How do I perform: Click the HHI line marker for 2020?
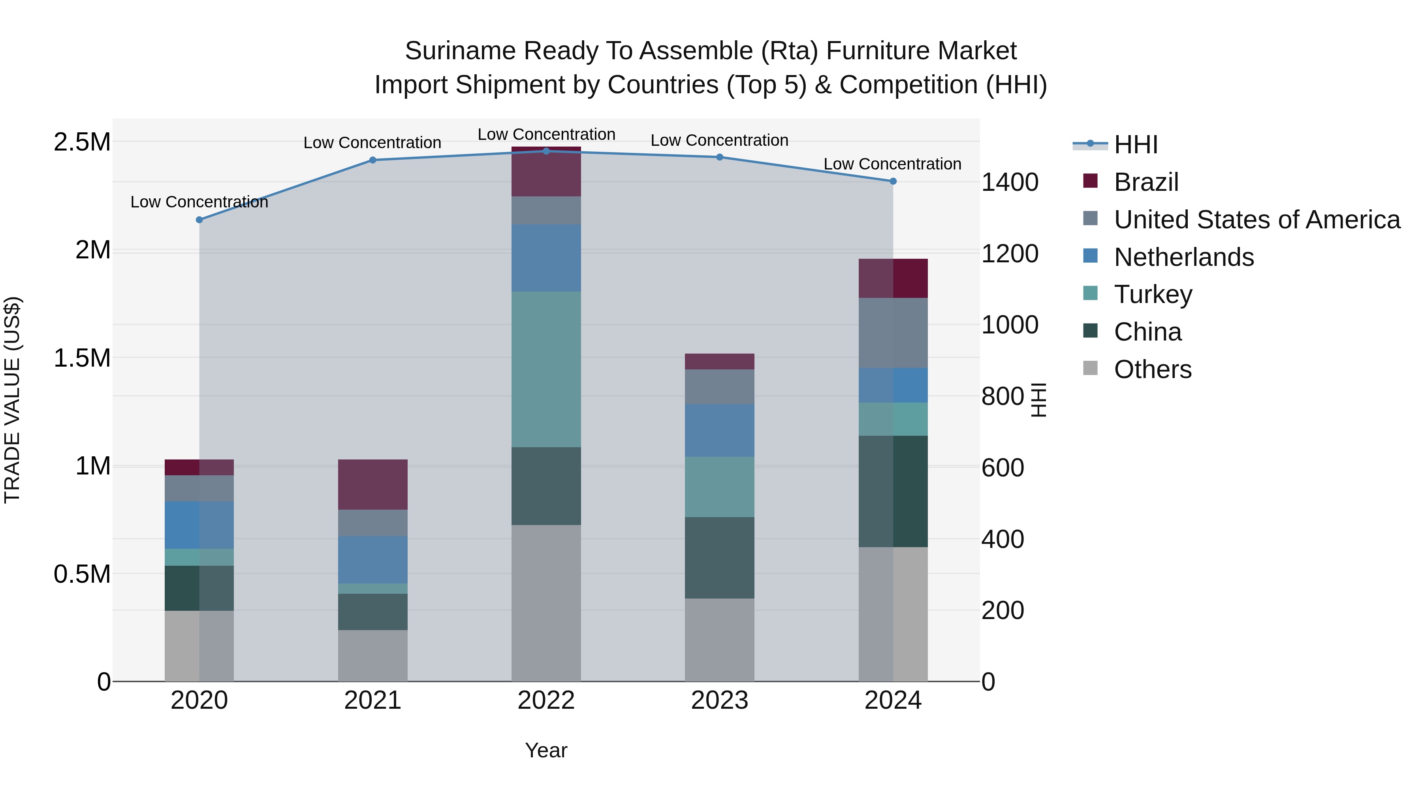pyautogui.click(x=199, y=220)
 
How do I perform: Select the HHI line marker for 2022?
pyautogui.click(x=546, y=151)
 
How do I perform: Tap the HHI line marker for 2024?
pyautogui.click(x=893, y=181)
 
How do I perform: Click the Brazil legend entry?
pyautogui.click(x=1145, y=182)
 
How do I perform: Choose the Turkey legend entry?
pyautogui.click(x=1153, y=294)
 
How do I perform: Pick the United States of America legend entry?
pyautogui.click(x=1256, y=220)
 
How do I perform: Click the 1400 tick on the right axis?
pyautogui.click(x=1010, y=182)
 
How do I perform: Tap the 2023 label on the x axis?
pyautogui.click(x=719, y=700)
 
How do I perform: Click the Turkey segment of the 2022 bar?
pyautogui.click(x=546, y=369)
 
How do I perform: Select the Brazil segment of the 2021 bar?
pyautogui.click(x=372, y=484)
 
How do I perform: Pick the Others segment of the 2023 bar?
pyautogui.click(x=719, y=639)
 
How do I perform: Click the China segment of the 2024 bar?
pyautogui.click(x=893, y=491)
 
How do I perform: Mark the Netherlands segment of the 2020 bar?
pyautogui.click(x=199, y=525)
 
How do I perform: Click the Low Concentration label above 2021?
pyautogui.click(x=372, y=143)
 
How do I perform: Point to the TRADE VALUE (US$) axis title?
pyautogui.click(x=12, y=400)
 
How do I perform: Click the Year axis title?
pyautogui.click(x=546, y=750)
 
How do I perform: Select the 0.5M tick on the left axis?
pyautogui.click(x=82, y=574)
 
